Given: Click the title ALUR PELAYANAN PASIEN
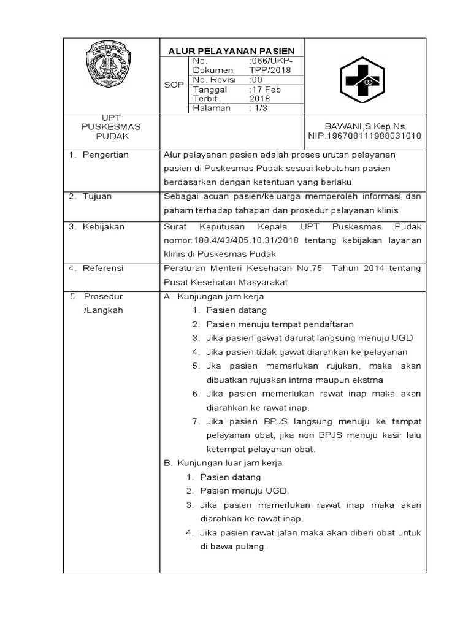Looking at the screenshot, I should pyautogui.click(x=232, y=51).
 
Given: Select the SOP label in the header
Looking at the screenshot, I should pyautogui.click(x=174, y=85).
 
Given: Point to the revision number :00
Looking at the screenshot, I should pyautogui.click(x=256, y=80).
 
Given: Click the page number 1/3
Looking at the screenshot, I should pyautogui.click(x=258, y=108).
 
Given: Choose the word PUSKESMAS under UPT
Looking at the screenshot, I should pyautogui.click(x=111, y=126).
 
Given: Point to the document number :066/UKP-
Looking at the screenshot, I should pyautogui.click(x=270, y=61).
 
